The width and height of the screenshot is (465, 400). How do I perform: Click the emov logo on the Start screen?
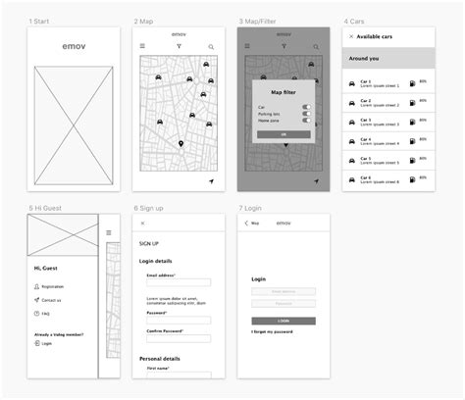(x=74, y=46)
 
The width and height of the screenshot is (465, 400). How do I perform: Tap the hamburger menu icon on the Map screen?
(x=142, y=46)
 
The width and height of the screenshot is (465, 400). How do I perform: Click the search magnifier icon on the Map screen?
(x=210, y=47)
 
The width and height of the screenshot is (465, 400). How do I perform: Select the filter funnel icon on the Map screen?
(x=179, y=46)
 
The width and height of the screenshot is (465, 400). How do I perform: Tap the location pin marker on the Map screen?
(x=180, y=145)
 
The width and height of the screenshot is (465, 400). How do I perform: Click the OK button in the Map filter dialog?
(x=284, y=134)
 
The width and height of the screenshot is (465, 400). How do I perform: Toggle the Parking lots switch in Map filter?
(x=307, y=114)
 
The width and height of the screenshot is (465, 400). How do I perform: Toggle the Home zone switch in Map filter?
(x=307, y=122)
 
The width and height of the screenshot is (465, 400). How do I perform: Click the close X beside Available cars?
(x=351, y=36)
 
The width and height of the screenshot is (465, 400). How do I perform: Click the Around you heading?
(x=364, y=59)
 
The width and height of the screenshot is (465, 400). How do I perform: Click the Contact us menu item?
(x=51, y=300)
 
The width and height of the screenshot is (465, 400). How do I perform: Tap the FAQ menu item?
(x=46, y=314)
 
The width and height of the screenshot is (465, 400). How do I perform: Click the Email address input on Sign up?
(x=179, y=285)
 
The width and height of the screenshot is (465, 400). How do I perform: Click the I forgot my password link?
(x=272, y=331)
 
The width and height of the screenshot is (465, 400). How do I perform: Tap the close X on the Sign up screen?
(x=142, y=224)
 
